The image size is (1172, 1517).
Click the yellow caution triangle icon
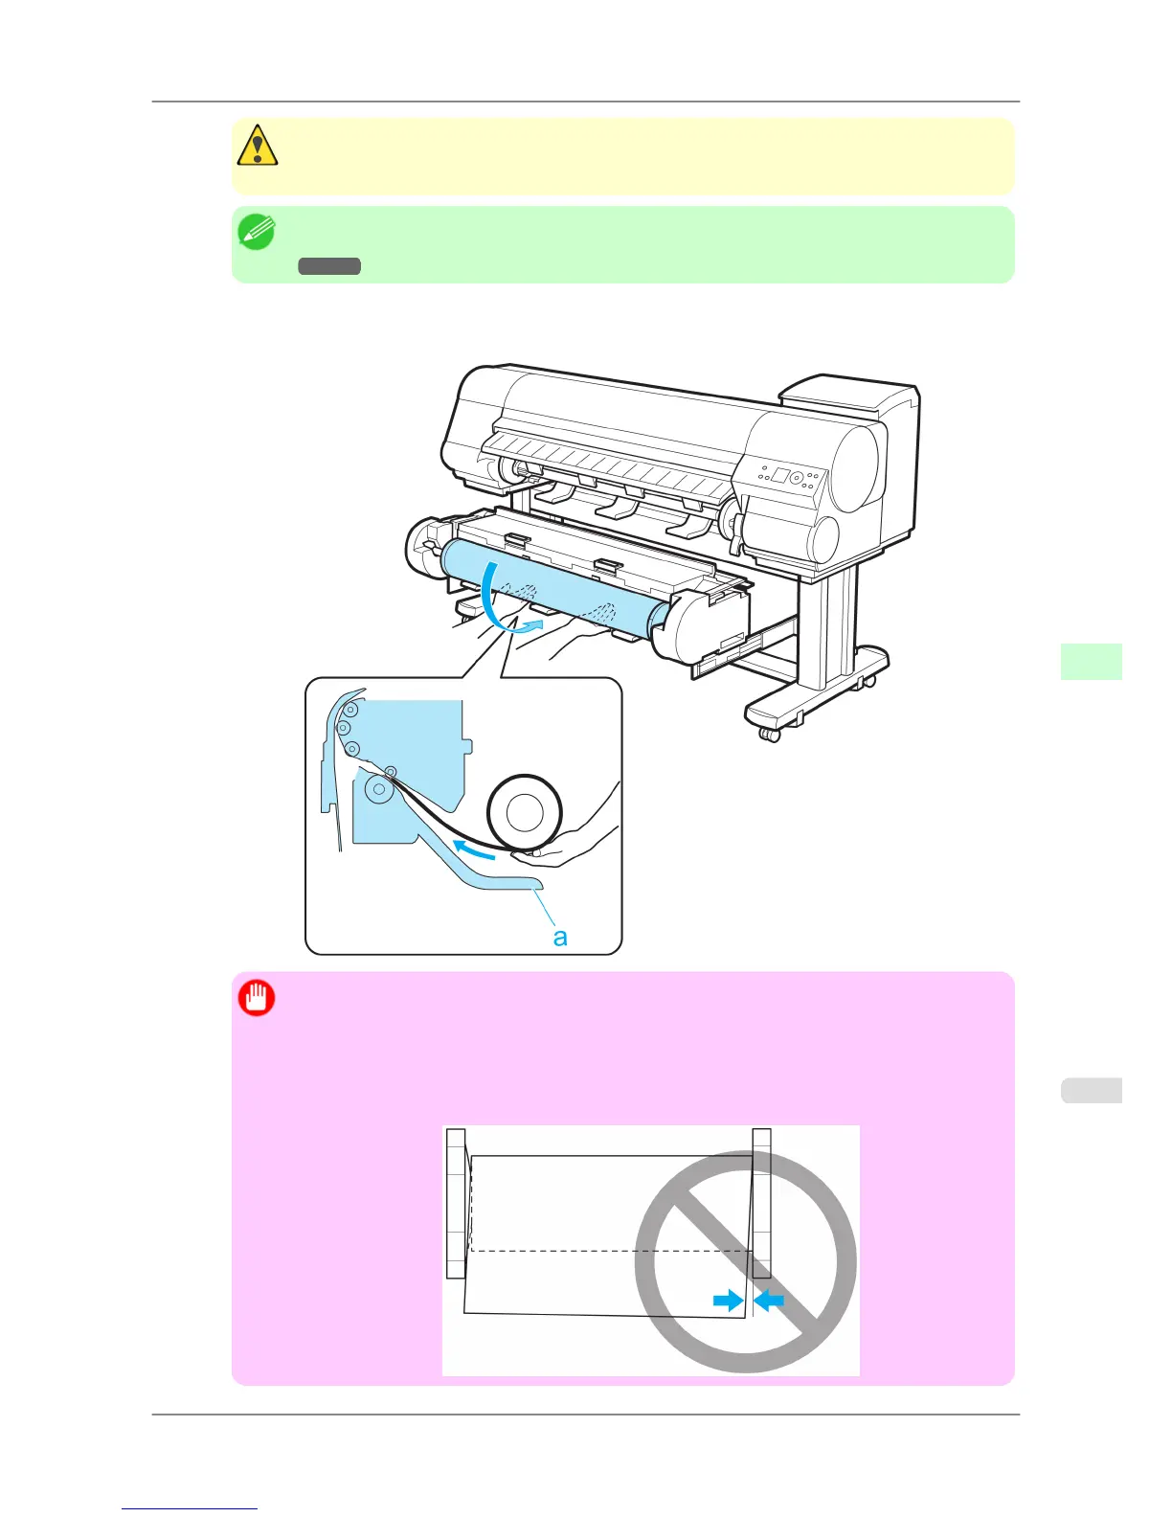click(257, 146)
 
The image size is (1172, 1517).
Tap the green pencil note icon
click(257, 233)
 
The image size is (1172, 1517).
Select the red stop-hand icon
click(257, 999)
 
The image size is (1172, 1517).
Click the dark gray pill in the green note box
click(328, 266)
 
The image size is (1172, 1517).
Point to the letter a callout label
click(560, 937)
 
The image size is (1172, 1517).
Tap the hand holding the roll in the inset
click(575, 843)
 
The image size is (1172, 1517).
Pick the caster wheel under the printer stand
click(768, 734)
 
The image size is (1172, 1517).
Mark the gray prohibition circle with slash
click(746, 1261)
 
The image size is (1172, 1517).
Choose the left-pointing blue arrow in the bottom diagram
click(769, 1300)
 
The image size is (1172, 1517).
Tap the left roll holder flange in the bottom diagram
click(456, 1203)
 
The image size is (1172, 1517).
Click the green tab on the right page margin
click(1091, 662)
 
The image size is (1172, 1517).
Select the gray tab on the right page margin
click(1091, 1090)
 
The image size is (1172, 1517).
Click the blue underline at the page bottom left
click(190, 1508)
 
